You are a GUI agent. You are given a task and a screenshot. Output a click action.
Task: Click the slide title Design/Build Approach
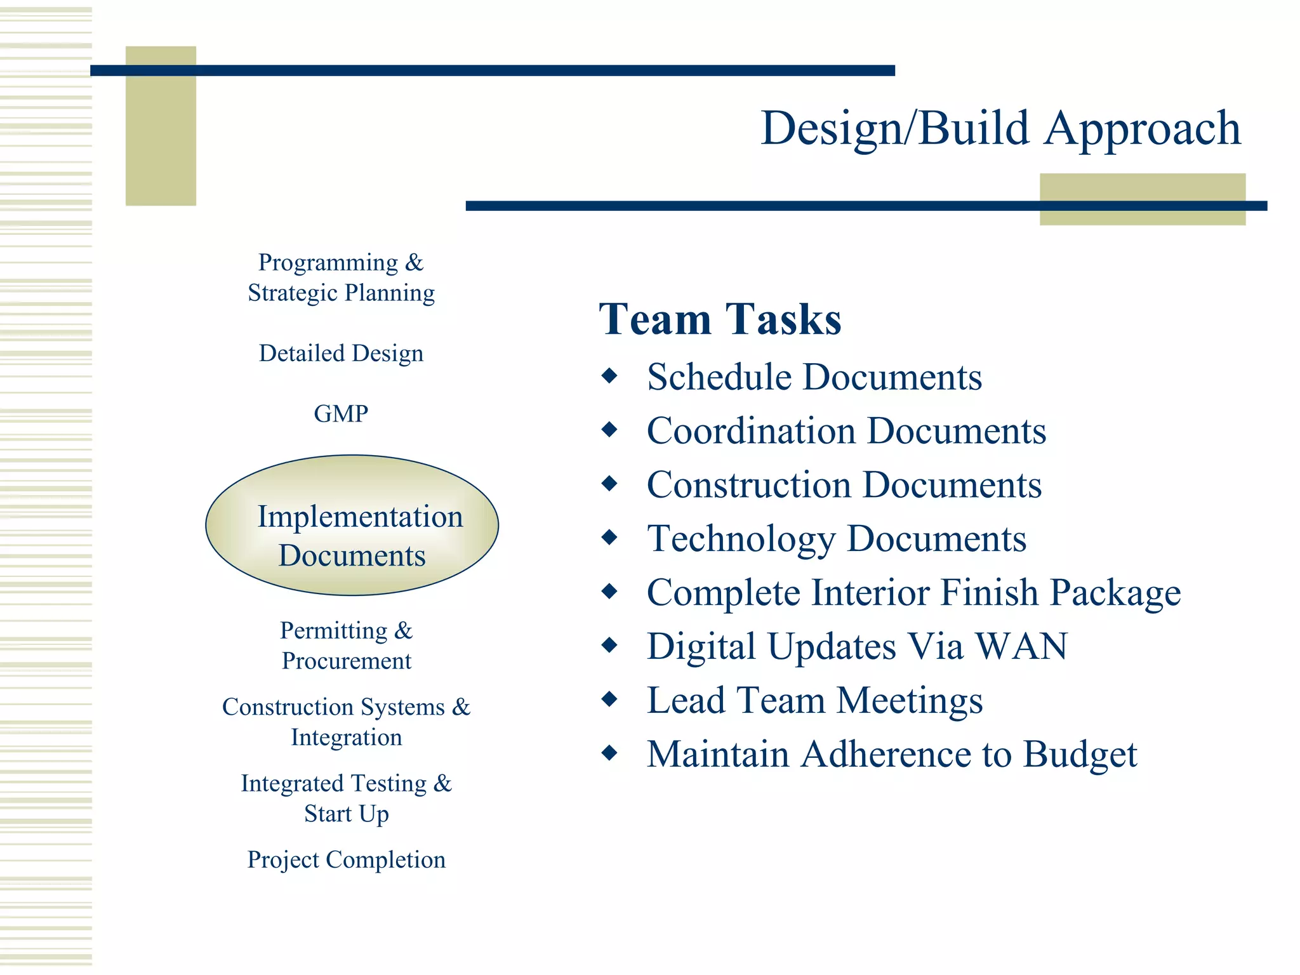(x=1000, y=129)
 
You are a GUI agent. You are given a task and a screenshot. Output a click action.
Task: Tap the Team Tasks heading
(x=720, y=319)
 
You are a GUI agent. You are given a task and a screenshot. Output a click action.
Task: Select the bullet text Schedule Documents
(x=814, y=377)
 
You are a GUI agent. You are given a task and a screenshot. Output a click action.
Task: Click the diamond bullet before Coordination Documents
(x=609, y=430)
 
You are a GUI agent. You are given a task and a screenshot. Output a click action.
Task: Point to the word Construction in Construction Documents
(x=749, y=485)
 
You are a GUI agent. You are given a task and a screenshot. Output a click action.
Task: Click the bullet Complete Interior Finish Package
(x=913, y=593)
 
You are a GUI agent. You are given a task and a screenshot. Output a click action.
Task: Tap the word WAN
(x=1021, y=647)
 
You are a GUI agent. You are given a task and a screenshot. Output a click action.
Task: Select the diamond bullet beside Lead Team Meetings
(x=609, y=700)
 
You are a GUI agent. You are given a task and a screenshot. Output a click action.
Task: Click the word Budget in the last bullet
(x=1080, y=755)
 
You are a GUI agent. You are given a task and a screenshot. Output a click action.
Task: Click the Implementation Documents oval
(x=352, y=526)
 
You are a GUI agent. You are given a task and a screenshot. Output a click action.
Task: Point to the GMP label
(x=341, y=414)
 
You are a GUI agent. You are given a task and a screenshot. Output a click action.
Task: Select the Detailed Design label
(x=341, y=354)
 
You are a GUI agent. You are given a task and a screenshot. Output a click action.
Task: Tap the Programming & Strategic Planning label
(x=341, y=278)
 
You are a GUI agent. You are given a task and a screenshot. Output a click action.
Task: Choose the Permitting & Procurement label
(x=347, y=646)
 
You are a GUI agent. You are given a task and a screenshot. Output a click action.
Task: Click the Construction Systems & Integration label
(x=347, y=722)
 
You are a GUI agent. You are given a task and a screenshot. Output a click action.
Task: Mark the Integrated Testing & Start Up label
(x=347, y=798)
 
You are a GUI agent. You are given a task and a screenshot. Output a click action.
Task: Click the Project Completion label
(x=347, y=859)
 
